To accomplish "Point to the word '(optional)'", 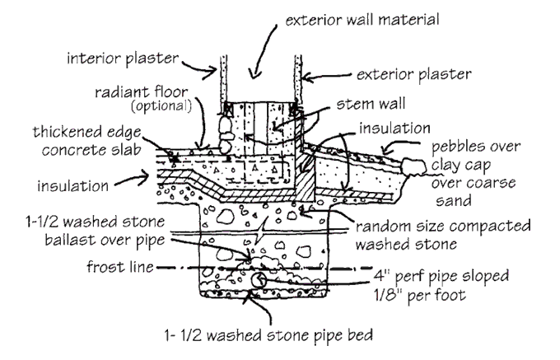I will tap(163, 105).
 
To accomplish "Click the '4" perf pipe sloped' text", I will tap(442, 275).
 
